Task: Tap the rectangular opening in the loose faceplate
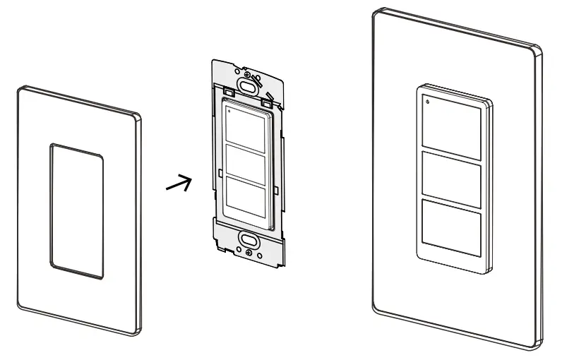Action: point(77,211)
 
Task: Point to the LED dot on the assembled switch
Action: point(426,102)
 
